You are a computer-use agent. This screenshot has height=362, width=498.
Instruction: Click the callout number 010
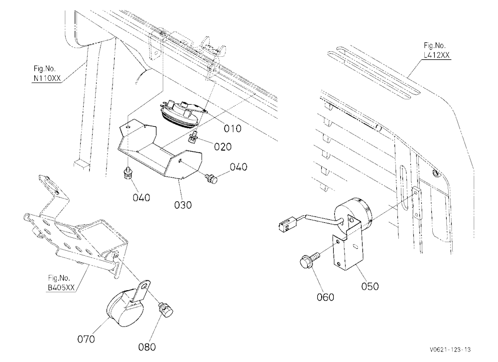click(x=233, y=129)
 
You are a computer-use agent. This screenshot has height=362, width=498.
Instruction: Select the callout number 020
click(x=223, y=147)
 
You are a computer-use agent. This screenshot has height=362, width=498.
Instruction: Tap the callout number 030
click(x=183, y=205)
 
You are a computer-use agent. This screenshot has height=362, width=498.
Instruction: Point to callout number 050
click(x=370, y=286)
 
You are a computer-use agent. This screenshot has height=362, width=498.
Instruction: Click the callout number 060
click(x=326, y=297)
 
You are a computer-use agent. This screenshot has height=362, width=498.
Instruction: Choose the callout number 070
click(x=86, y=339)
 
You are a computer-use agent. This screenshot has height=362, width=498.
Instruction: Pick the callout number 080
click(x=147, y=347)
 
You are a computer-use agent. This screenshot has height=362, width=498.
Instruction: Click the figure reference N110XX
click(x=47, y=78)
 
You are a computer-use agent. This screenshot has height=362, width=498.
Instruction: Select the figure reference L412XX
click(x=437, y=55)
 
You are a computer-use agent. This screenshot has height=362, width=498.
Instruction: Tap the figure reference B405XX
click(x=61, y=288)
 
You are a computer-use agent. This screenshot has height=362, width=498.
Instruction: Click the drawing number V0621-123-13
click(x=450, y=350)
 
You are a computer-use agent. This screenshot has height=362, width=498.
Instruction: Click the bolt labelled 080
click(x=165, y=309)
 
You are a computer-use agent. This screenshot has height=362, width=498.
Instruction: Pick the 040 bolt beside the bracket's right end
click(x=212, y=178)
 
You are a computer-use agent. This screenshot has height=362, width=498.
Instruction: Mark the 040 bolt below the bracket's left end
click(x=127, y=174)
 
